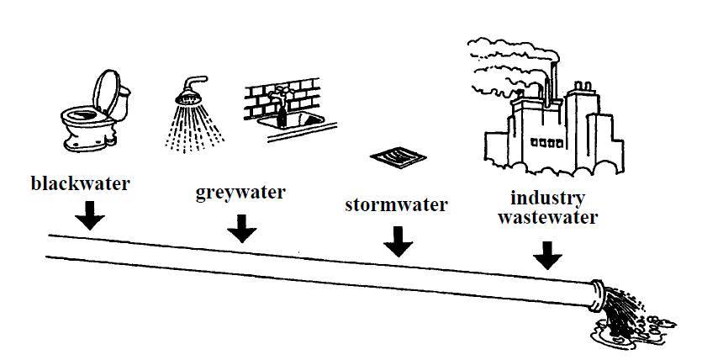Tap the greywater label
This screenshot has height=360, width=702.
[240, 193]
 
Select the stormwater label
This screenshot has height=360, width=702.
[396, 205]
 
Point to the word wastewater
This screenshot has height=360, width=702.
[547, 218]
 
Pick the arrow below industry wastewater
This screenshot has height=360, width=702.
[547, 254]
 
